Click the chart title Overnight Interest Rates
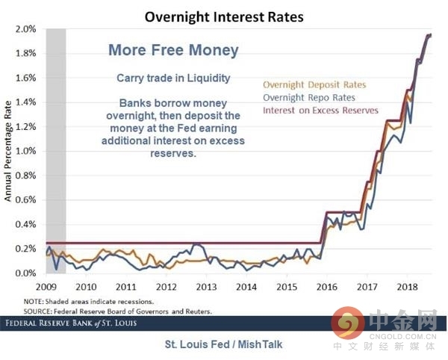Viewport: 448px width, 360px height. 223,15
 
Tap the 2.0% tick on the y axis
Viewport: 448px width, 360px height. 26,29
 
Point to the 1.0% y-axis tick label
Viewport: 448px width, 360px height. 26,151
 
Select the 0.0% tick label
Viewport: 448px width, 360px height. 26,273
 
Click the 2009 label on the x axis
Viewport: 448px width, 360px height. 46,286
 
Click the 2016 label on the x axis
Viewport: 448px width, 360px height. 325,286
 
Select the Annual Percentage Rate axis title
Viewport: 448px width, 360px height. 8,152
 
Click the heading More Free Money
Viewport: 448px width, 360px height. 173,51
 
